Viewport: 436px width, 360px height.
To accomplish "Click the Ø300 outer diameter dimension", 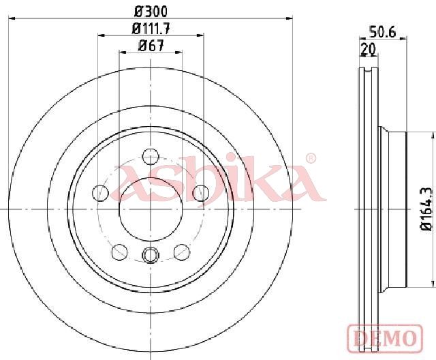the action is click(151, 12).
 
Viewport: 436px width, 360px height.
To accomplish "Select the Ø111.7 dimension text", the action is click(151, 29).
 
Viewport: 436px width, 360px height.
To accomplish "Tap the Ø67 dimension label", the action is click(151, 46).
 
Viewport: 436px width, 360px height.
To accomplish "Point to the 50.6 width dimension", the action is click(382, 33).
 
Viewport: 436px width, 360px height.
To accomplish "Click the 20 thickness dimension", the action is click(368, 49).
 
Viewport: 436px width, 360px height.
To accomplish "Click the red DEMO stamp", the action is click(385, 337).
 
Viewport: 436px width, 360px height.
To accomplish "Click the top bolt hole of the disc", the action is click(151, 156).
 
